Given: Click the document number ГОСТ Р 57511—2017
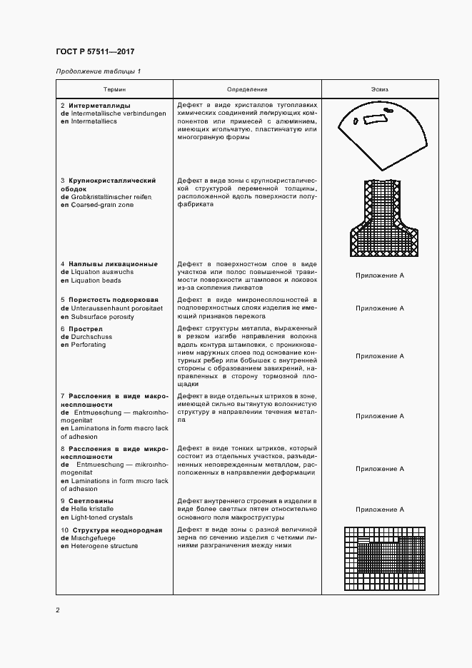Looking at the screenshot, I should (95, 52).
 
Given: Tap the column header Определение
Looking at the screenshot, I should (247, 89).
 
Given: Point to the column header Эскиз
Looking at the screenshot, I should (380, 89).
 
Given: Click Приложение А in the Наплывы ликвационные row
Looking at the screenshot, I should (380, 275).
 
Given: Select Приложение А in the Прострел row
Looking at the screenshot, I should (380, 355).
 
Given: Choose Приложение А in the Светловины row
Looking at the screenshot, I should (380, 510).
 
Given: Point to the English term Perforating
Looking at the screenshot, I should (87, 344).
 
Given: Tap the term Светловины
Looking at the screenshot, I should (91, 502).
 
